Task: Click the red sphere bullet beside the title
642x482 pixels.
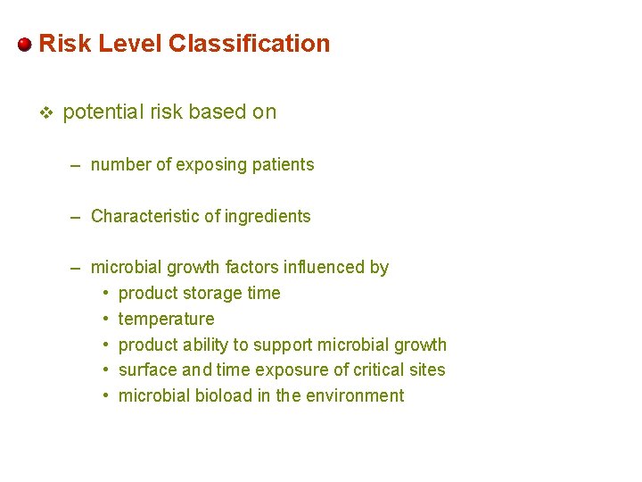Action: (25, 44)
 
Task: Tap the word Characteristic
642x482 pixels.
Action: (140, 217)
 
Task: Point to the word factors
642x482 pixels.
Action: (251, 268)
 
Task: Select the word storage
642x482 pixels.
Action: (202, 294)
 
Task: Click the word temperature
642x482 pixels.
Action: (166, 320)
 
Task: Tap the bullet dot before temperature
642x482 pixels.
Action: (105, 320)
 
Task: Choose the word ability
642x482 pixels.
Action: (200, 345)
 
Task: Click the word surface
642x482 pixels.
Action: (146, 370)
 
